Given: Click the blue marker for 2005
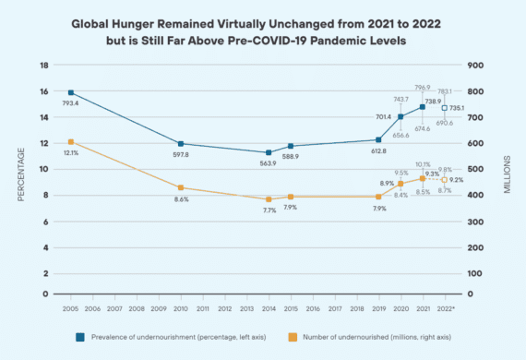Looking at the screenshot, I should point(71,93).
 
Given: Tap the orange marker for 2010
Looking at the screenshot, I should point(181,187).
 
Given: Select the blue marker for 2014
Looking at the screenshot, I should point(269,152).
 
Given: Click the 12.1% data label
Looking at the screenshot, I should point(70,152).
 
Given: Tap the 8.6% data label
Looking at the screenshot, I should point(181,199).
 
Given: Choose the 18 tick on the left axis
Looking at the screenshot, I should point(44,66).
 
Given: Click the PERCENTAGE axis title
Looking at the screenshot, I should point(19,180).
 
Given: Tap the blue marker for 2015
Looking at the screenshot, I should point(291,146).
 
